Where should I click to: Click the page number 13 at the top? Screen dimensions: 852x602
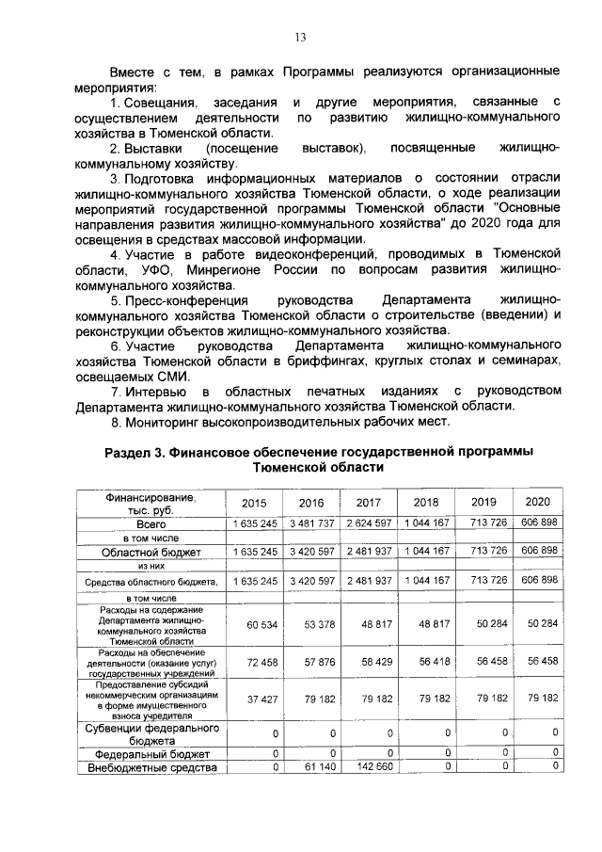301,38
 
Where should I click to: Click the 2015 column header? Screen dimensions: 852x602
254,503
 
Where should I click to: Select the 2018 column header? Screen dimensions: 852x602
426,503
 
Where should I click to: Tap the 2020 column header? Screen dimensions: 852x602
538,502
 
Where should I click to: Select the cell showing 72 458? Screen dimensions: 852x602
260,663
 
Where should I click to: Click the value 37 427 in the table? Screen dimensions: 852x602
260,699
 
